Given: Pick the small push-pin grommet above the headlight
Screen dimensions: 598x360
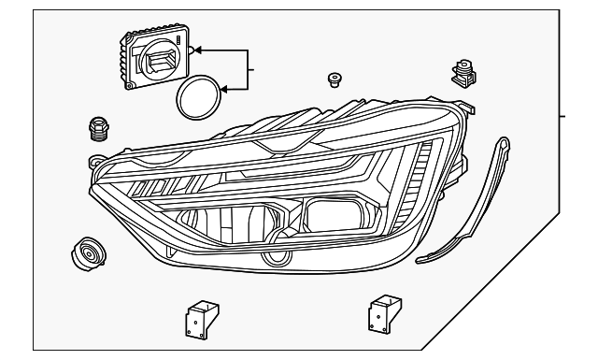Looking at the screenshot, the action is click(334, 79).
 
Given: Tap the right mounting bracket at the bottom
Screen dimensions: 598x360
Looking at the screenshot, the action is click(379, 310).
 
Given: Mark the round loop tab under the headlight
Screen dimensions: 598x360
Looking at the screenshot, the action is click(276, 258).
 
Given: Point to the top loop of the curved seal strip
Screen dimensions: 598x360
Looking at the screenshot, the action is click(504, 144).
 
